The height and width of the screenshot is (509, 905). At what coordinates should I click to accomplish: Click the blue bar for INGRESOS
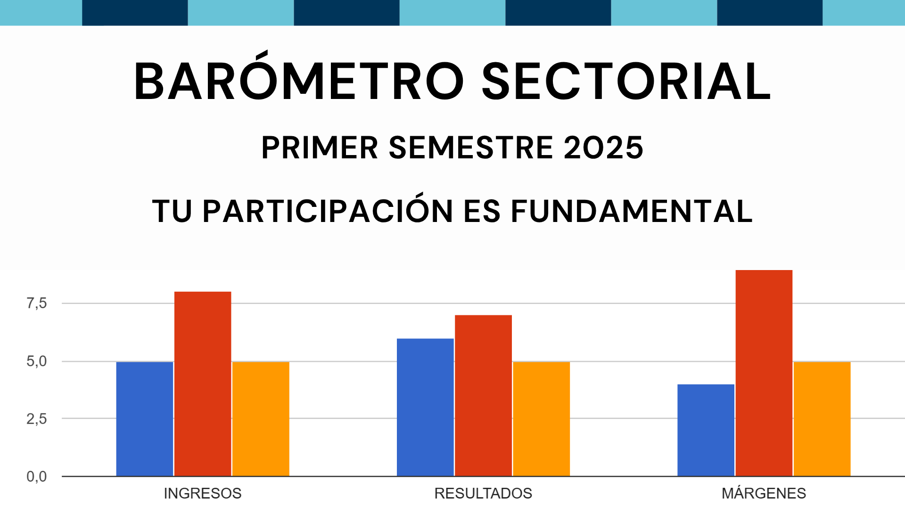pyautogui.click(x=145, y=419)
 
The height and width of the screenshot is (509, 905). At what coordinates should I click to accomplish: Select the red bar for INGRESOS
pyautogui.click(x=203, y=384)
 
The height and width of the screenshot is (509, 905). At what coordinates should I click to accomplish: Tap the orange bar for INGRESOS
pyautogui.click(x=261, y=419)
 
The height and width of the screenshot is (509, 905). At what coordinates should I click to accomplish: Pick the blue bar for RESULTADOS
pyautogui.click(x=425, y=407)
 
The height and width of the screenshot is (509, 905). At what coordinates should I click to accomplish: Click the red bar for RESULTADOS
pyautogui.click(x=483, y=395)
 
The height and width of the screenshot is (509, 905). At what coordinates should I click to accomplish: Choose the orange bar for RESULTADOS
pyautogui.click(x=541, y=419)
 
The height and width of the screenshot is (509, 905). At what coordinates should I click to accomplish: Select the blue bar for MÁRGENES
pyautogui.click(x=706, y=430)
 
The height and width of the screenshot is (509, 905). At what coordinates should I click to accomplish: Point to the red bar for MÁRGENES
pyautogui.click(x=764, y=373)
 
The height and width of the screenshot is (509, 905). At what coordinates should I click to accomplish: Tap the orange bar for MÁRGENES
pyautogui.click(x=822, y=419)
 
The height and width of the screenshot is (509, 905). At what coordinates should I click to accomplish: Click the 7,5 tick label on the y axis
pyautogui.click(x=37, y=304)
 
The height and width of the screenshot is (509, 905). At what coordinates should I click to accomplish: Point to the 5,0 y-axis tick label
pyautogui.click(x=37, y=361)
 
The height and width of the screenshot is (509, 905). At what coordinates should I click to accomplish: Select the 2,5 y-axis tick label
pyautogui.click(x=37, y=419)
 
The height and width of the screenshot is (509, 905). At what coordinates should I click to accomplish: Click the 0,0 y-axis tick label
pyautogui.click(x=37, y=476)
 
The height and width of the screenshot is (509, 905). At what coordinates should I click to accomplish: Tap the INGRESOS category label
pyautogui.click(x=203, y=493)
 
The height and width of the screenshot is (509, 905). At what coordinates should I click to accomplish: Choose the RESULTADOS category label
pyautogui.click(x=483, y=493)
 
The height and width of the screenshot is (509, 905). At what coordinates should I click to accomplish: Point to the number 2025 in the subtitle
pyautogui.click(x=603, y=148)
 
